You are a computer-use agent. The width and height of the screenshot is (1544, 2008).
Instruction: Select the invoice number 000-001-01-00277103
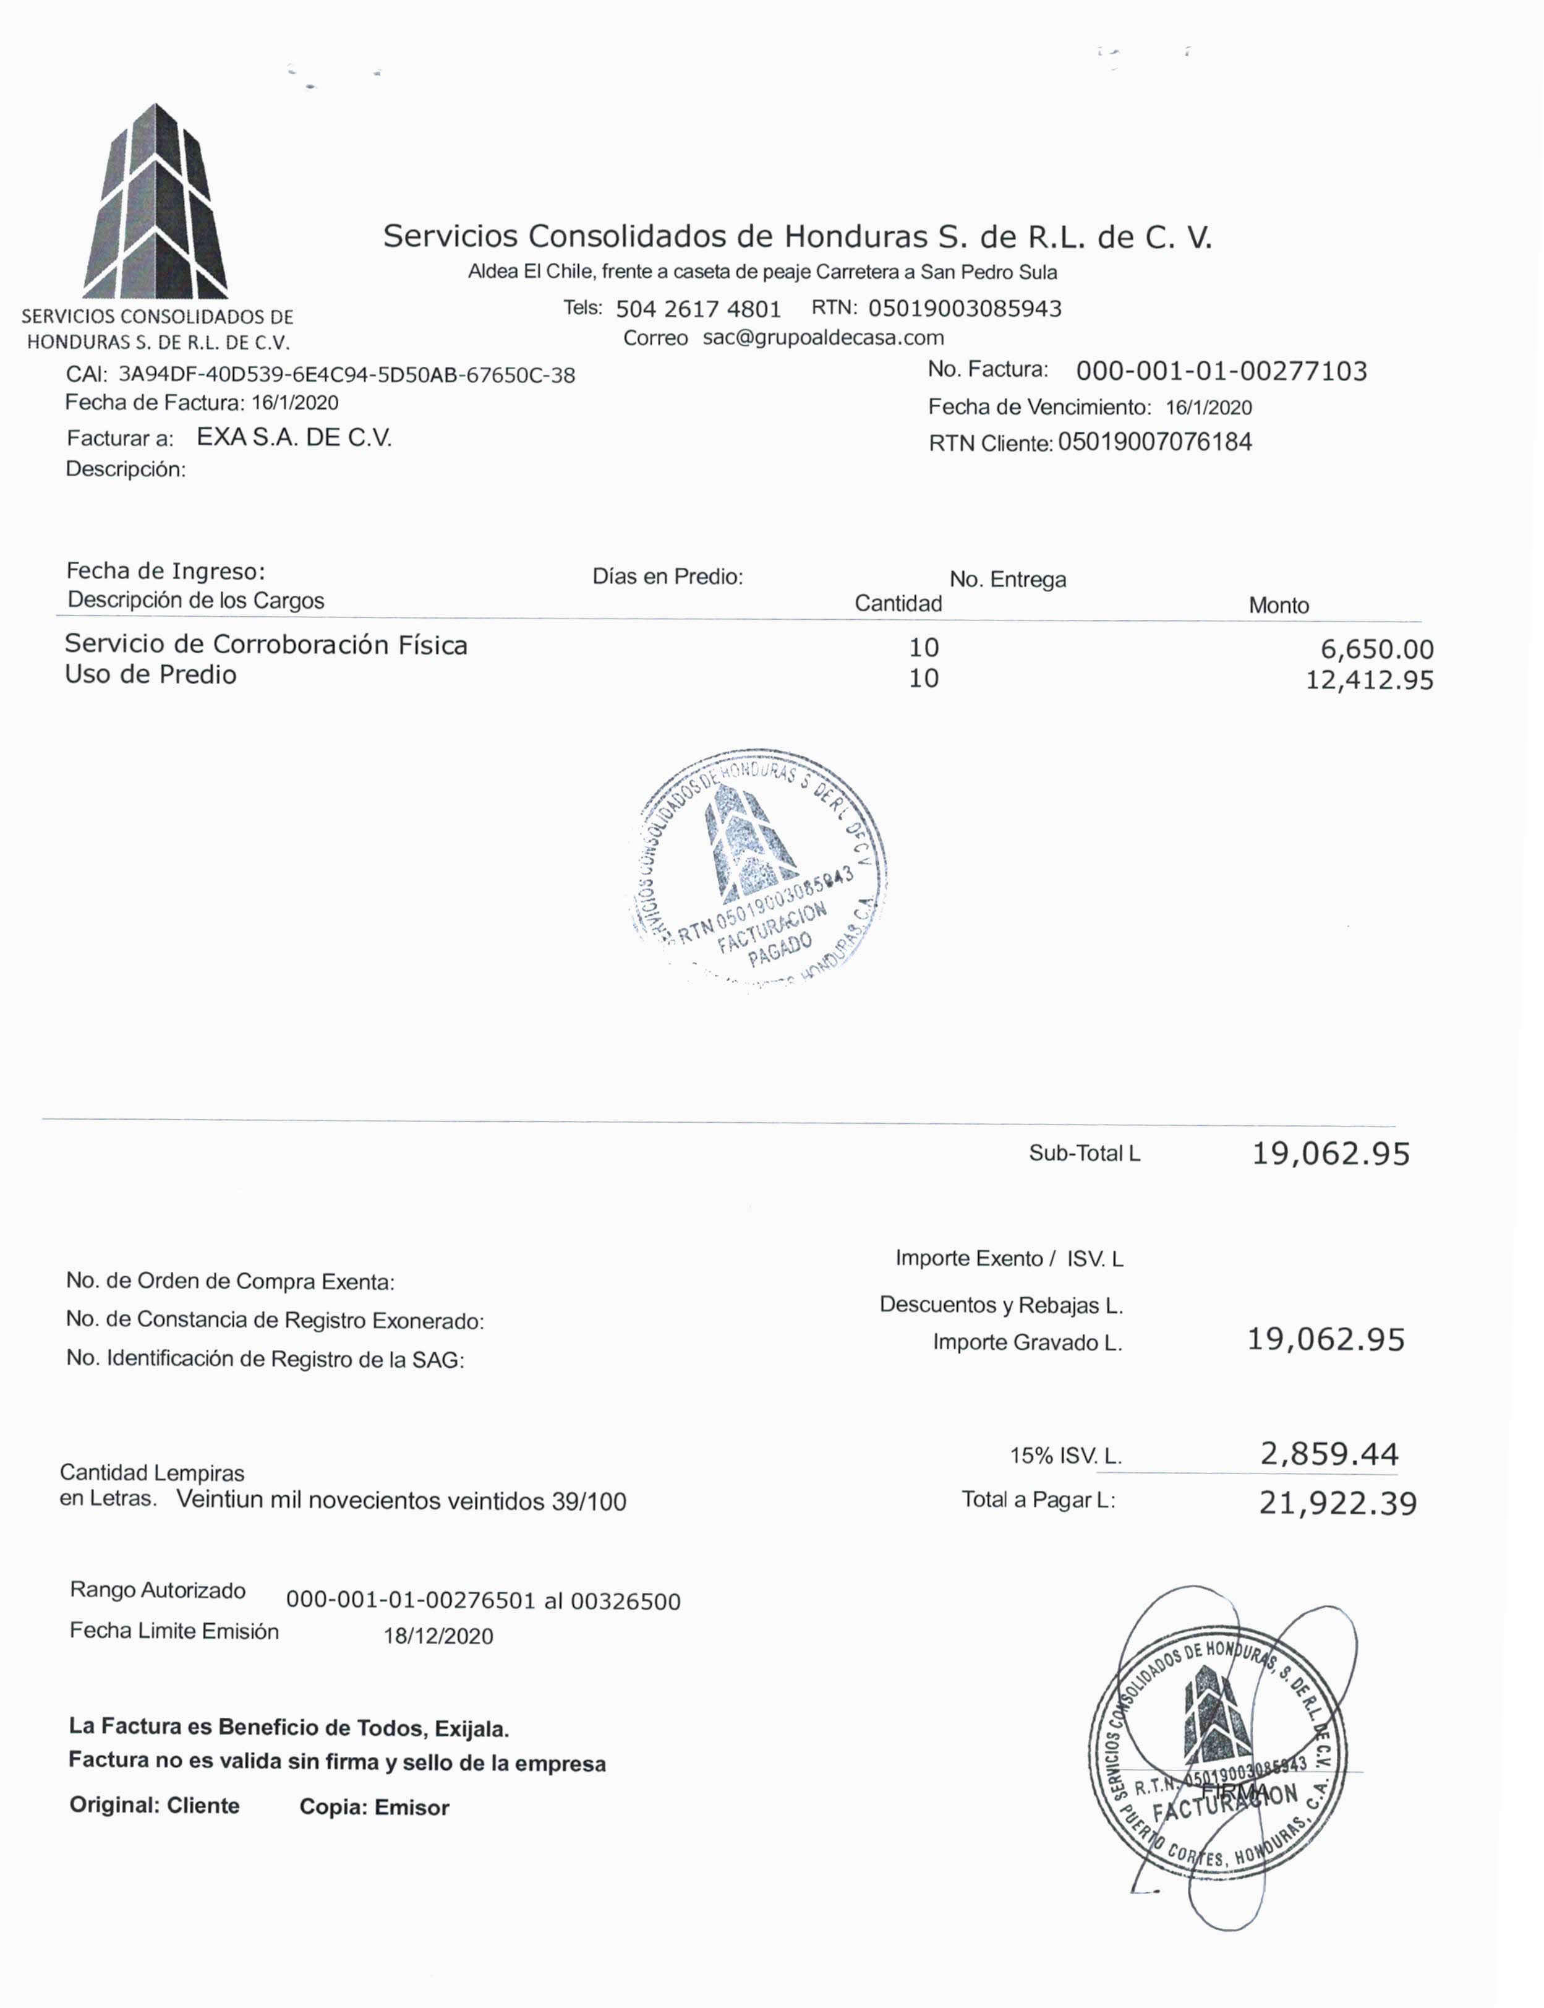[x=1221, y=371]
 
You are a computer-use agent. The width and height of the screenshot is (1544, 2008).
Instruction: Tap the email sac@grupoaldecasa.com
[x=824, y=337]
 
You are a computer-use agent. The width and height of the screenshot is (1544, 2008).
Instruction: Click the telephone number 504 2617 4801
[x=699, y=309]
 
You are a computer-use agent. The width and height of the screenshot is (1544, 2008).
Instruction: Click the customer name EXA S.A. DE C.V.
[x=294, y=437]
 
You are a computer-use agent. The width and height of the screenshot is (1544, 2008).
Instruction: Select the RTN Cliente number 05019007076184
[x=1155, y=442]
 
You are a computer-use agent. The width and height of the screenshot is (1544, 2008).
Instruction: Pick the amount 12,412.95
[x=1370, y=680]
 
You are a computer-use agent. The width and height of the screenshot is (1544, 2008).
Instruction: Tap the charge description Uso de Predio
[x=151, y=675]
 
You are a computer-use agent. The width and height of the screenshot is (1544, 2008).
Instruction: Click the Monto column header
[x=1278, y=606]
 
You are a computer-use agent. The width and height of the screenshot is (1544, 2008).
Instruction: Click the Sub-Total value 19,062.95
[x=1331, y=1154]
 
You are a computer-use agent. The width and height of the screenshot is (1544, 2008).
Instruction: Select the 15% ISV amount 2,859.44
[x=1329, y=1454]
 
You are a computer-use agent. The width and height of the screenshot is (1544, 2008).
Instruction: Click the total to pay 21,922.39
[x=1337, y=1504]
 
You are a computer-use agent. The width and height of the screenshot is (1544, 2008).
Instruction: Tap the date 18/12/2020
[x=438, y=1637]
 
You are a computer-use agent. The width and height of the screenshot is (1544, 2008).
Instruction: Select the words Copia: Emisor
[x=374, y=1808]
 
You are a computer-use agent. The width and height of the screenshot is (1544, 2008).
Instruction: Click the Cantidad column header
[x=898, y=604]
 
